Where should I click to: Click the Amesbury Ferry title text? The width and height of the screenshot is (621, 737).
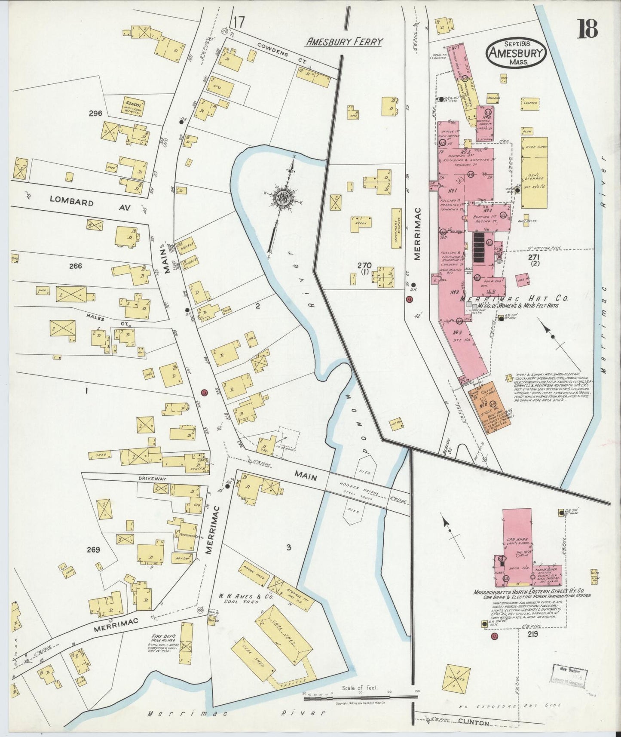tap(344, 42)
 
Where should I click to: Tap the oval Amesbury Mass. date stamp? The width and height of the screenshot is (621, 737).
tap(516, 52)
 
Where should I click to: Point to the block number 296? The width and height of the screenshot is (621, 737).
tap(95, 114)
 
